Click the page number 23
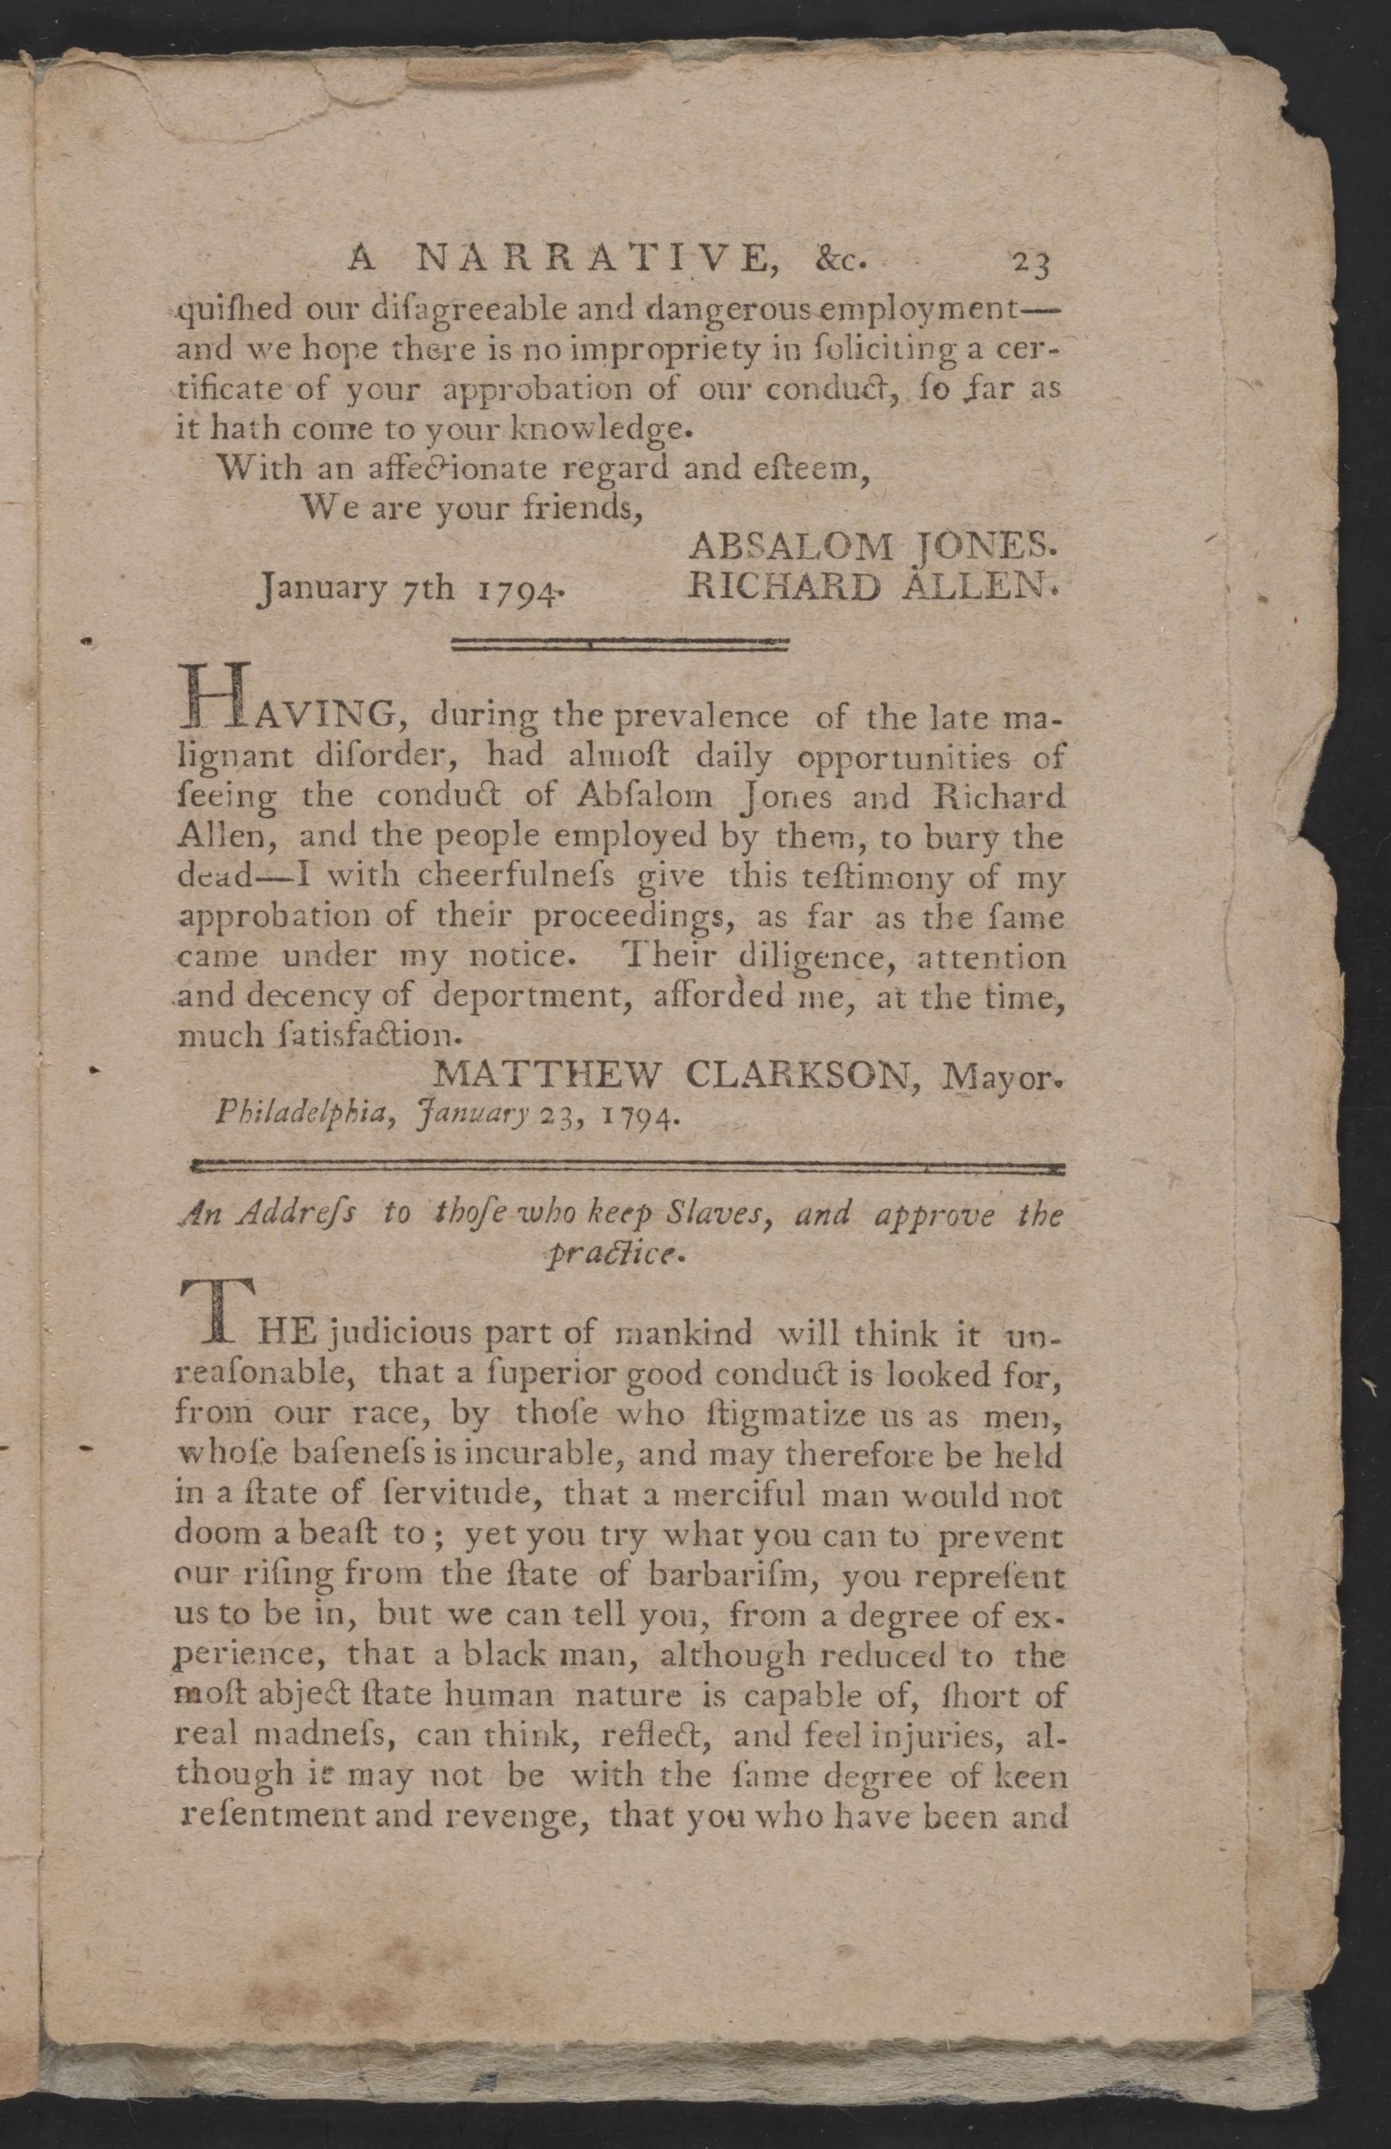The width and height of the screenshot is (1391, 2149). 1029,262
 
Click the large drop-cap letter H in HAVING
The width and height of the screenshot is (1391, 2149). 213,697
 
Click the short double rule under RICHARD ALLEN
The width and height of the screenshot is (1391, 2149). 620,645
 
